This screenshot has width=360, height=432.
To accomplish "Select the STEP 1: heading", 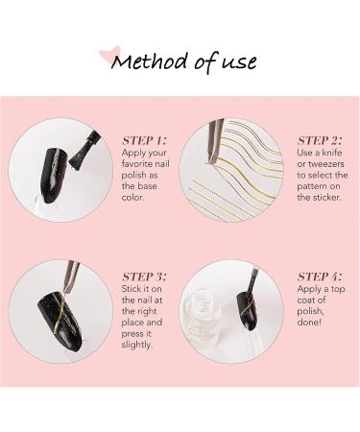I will [145, 138].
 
